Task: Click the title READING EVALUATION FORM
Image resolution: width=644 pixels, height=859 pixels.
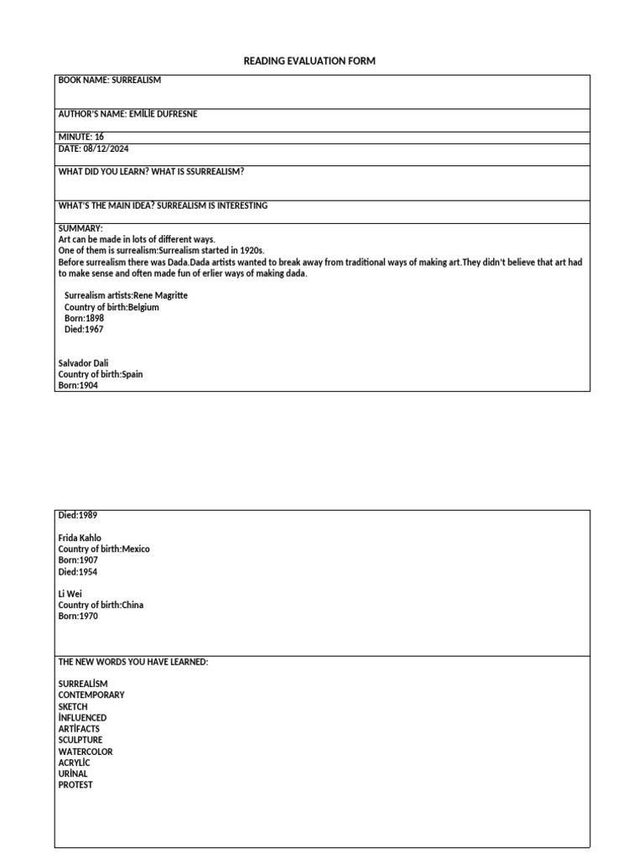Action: [x=309, y=61]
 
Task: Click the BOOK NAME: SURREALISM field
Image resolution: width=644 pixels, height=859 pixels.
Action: [x=109, y=81]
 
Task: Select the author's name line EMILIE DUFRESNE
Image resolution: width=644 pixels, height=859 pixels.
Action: [x=127, y=114]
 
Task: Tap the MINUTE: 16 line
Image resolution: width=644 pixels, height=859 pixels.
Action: [x=81, y=137]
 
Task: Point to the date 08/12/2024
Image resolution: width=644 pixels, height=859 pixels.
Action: [x=105, y=148]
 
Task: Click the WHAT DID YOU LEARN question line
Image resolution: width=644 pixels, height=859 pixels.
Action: [x=151, y=171]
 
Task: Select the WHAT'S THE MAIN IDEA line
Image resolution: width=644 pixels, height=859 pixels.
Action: [x=163, y=206]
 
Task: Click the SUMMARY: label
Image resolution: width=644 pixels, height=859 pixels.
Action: [x=80, y=228]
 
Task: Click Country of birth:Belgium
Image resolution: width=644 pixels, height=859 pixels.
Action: [x=112, y=307]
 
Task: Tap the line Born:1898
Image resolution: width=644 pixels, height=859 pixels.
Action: [x=84, y=319]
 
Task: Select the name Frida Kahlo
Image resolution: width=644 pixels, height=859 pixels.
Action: [x=80, y=538]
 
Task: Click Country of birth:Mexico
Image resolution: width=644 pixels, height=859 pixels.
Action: [x=104, y=549]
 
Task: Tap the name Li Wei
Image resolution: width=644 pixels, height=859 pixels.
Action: [x=70, y=594]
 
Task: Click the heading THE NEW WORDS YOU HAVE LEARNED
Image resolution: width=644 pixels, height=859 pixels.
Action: [x=132, y=662]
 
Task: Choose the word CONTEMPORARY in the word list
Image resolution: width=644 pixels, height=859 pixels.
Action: [x=91, y=695]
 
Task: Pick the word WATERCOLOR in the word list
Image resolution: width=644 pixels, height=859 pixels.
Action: [x=86, y=752]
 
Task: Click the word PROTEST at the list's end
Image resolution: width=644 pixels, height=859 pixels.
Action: [x=75, y=785]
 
